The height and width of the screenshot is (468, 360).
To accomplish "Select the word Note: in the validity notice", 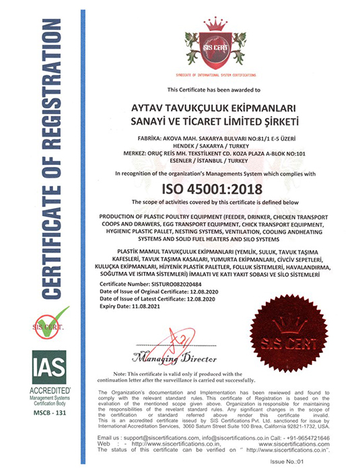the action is pos(121,373).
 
